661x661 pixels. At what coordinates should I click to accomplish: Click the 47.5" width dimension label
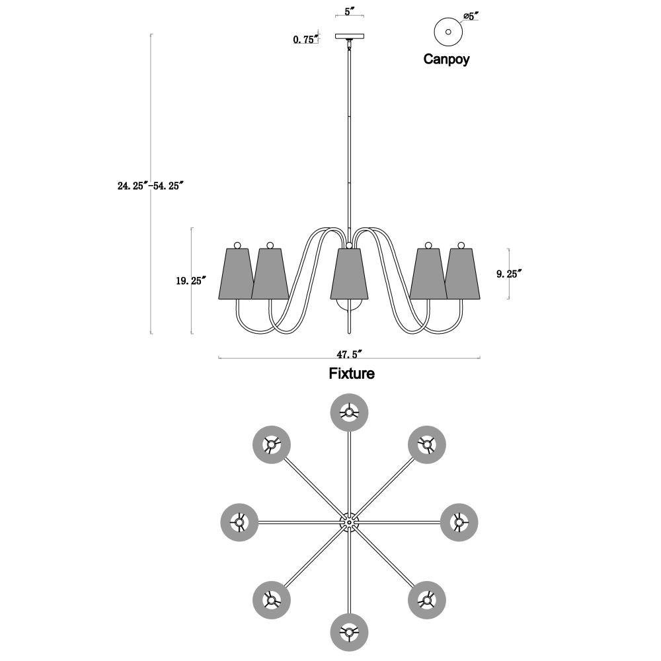point(350,354)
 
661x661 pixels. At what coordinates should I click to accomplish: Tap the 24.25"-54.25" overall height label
point(151,186)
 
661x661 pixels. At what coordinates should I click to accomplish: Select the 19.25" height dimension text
point(191,280)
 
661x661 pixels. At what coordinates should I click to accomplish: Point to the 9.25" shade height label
point(509,274)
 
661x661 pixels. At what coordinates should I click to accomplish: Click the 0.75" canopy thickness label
point(305,40)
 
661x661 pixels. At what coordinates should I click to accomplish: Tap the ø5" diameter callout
point(471,17)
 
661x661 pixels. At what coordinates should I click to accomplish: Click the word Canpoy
point(446,59)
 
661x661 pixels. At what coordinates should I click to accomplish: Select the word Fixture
point(352,373)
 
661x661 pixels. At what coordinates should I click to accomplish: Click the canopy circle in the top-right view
point(449,32)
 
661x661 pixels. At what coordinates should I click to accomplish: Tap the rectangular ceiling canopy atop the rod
point(350,36)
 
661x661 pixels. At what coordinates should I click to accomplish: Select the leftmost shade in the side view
point(237,274)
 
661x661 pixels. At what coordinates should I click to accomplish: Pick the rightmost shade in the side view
point(463,274)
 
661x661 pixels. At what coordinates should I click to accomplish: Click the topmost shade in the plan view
point(350,412)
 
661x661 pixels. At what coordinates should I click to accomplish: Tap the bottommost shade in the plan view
point(350,633)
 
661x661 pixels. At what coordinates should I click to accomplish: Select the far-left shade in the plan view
point(239,523)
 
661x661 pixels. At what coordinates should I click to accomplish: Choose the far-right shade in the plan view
point(459,522)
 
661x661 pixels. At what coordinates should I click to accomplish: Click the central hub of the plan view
point(350,522)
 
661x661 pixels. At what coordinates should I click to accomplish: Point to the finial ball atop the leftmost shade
point(237,245)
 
